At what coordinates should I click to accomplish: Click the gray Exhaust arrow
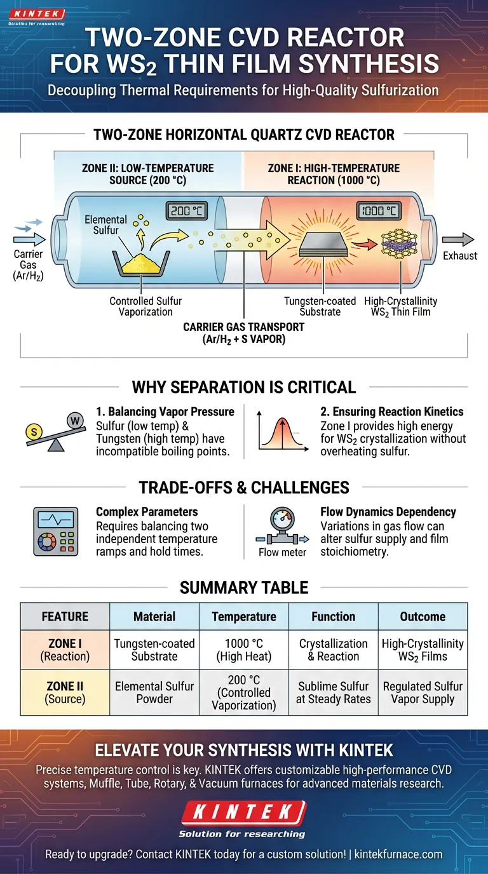pos(458,239)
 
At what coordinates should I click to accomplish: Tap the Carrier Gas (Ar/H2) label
pos(28,266)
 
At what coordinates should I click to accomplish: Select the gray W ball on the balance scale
pos(74,420)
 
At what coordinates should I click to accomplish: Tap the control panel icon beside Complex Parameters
pos(55,532)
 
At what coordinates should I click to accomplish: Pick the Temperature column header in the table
pos(244,616)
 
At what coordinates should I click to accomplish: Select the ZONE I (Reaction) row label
pos(65,650)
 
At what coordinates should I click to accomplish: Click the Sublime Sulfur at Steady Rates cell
pos(333,692)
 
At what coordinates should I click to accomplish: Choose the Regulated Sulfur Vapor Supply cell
pos(423,692)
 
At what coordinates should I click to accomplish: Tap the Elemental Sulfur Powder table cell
pos(154,692)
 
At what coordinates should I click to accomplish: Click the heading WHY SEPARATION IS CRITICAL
pos(244,387)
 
